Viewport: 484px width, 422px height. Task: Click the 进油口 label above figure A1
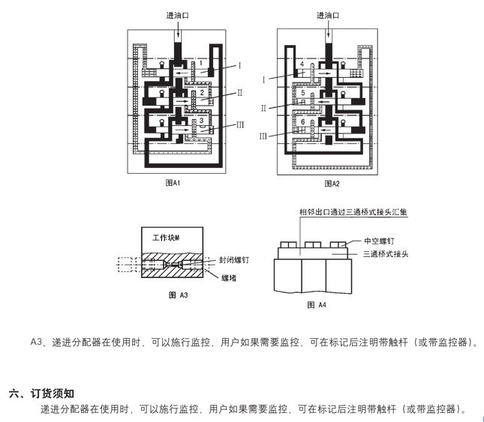click(x=178, y=15)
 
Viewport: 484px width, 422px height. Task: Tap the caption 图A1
click(x=173, y=183)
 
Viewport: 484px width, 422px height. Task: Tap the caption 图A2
click(x=332, y=183)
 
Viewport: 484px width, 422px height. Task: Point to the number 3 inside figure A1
click(x=201, y=120)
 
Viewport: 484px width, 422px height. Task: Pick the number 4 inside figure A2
click(x=302, y=65)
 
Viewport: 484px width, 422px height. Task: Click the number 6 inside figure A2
click(x=302, y=121)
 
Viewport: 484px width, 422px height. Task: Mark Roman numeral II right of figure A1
click(x=239, y=93)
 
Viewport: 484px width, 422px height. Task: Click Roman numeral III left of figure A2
click(x=263, y=136)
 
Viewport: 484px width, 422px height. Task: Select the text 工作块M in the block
click(x=166, y=237)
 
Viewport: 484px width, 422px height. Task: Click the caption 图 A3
click(x=178, y=295)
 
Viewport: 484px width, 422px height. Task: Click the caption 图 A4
click(x=317, y=305)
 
